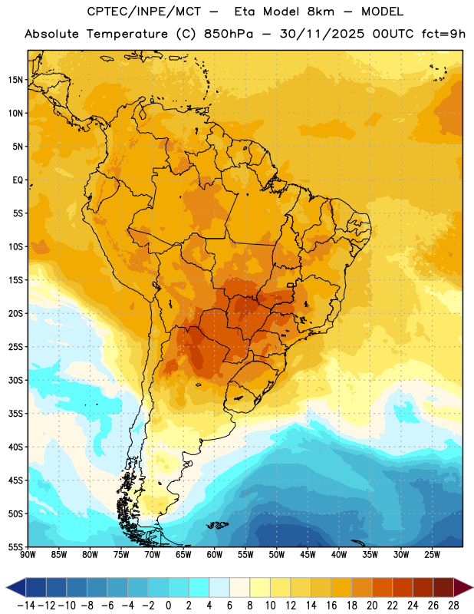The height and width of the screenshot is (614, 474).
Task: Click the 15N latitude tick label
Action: pyautogui.click(x=15, y=80)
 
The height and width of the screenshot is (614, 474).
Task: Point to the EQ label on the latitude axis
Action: pyautogui.click(x=18, y=180)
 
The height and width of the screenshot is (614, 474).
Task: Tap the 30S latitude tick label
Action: pyautogui.click(x=15, y=380)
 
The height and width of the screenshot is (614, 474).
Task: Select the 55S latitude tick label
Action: pyautogui.click(x=15, y=547)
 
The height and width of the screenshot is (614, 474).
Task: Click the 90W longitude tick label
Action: pyautogui.click(x=28, y=555)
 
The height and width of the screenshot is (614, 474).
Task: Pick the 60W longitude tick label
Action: pyautogui.click(x=215, y=555)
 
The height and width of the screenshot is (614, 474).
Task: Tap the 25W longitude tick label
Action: pyautogui.click(x=432, y=555)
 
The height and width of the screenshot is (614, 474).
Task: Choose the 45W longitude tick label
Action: pyautogui.click(x=308, y=555)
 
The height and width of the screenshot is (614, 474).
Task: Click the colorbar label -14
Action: pyautogui.click(x=26, y=606)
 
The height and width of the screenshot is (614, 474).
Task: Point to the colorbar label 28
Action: pyautogui.click(x=453, y=606)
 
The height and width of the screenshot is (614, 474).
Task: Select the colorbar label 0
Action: pyautogui.click(x=168, y=606)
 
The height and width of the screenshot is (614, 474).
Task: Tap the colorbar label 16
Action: pyautogui.click(x=331, y=606)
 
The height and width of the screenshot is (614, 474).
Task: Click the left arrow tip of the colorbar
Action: pyautogui.click(x=6, y=587)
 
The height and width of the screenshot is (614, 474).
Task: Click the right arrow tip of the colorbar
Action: pyautogui.click(x=472, y=587)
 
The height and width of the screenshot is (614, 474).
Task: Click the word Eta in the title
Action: pyautogui.click(x=245, y=12)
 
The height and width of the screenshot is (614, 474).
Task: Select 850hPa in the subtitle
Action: pyautogui.click(x=229, y=34)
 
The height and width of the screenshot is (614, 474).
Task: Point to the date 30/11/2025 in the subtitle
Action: pyautogui.click(x=321, y=34)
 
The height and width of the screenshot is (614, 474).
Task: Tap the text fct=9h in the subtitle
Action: pyautogui.click(x=443, y=34)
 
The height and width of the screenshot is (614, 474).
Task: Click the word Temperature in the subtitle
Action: pyautogui.click(x=127, y=34)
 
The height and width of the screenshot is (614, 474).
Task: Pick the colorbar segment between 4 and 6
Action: pyautogui.click(x=219, y=587)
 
